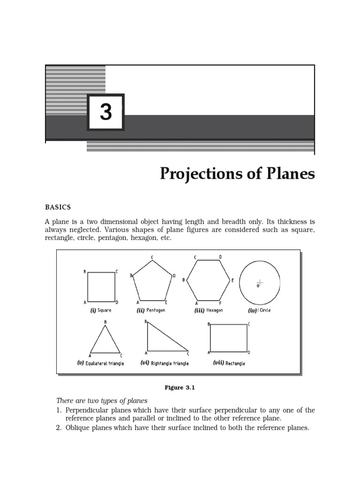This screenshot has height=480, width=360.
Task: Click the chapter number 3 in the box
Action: coord(106,112)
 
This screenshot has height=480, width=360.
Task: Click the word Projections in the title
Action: coord(202,174)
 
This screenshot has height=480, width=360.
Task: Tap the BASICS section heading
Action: coord(58,207)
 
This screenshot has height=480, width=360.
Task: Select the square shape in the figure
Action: coord(101,286)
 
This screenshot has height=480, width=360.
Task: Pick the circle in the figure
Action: coord(260,282)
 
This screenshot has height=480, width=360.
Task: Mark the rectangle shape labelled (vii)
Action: coord(228,337)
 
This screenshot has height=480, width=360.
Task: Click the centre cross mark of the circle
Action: coord(260,282)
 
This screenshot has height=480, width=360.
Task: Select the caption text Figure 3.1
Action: coord(179,388)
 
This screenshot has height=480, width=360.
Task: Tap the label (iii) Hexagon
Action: coord(209,310)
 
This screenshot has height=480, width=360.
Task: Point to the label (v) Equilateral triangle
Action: coord(100,363)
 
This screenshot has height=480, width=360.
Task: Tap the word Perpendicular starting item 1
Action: coord(86,410)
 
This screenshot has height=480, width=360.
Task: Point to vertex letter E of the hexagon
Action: coord(232,280)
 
